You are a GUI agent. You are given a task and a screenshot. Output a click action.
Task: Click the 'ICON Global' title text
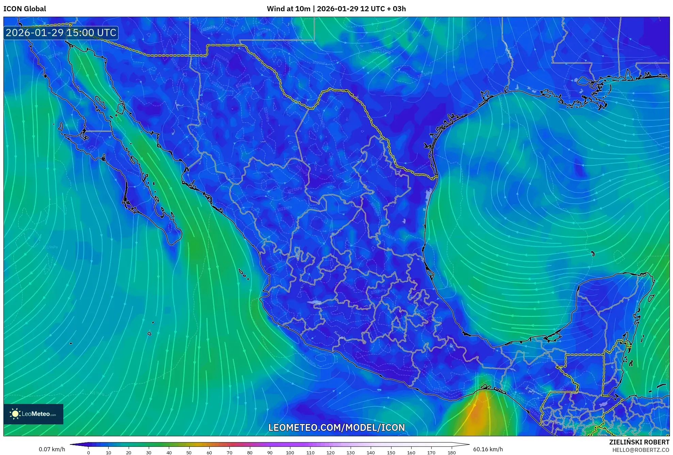click(25, 9)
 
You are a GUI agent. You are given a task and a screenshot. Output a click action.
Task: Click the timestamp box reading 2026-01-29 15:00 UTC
click(61, 33)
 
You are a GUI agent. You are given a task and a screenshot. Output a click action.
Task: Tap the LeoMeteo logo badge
click(33, 414)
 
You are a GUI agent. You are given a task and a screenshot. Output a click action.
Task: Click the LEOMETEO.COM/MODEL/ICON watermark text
click(336, 427)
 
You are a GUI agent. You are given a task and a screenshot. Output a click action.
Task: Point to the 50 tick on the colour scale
click(189, 453)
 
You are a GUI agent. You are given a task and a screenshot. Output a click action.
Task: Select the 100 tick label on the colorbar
click(290, 453)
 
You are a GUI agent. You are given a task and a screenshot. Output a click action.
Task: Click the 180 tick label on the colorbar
click(451, 453)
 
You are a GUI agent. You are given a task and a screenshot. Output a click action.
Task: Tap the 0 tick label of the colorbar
click(89, 453)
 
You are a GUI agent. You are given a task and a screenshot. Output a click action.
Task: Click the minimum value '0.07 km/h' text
click(52, 449)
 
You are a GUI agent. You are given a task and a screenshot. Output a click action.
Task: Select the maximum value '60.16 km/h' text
click(487, 449)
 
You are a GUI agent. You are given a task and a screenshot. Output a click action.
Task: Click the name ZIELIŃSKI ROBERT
click(639, 442)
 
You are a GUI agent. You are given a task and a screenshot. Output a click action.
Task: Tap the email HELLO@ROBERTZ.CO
click(641, 450)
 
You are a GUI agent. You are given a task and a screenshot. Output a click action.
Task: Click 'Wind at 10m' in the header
click(288, 9)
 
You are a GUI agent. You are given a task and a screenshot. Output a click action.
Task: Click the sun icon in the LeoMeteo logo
click(15, 414)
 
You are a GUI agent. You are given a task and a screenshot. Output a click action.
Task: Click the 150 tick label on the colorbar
click(391, 453)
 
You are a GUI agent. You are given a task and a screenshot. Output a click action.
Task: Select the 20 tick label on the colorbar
click(129, 453)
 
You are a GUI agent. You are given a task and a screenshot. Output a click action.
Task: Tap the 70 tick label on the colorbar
click(229, 453)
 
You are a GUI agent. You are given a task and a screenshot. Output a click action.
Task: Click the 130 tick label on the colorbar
click(350, 453)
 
